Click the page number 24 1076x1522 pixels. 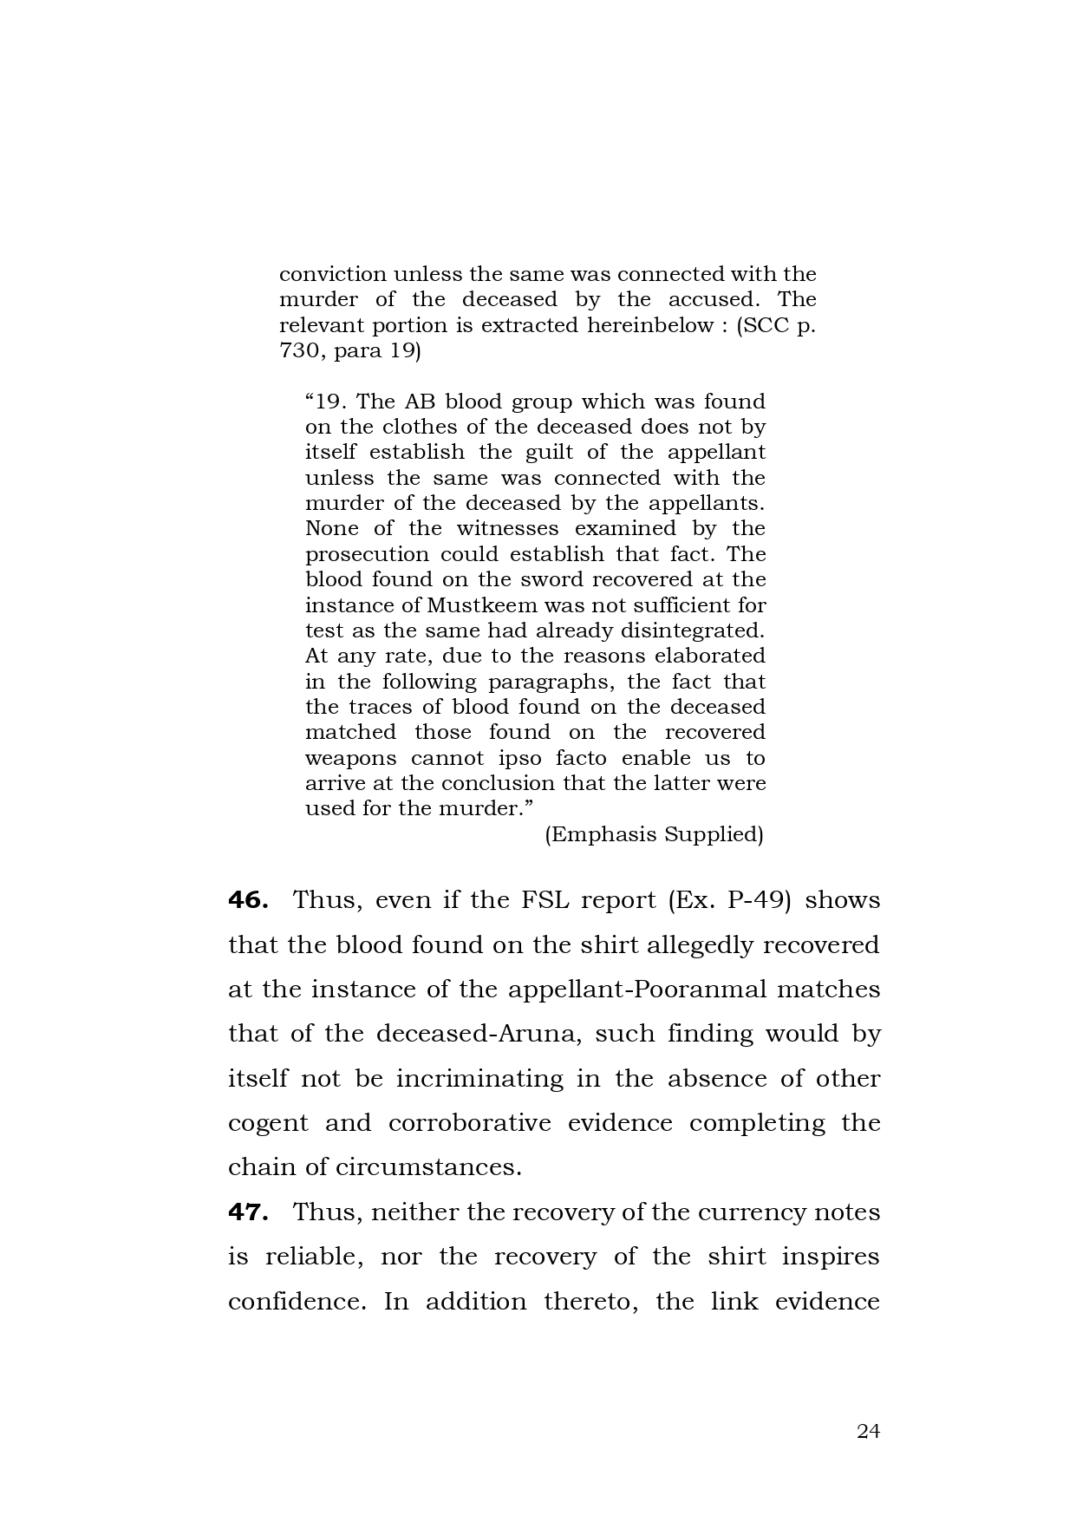click(868, 1431)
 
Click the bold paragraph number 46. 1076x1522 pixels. click(247, 900)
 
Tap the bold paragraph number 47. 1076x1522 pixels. click(247, 1212)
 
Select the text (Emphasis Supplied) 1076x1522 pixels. click(654, 834)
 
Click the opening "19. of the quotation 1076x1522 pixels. click(327, 402)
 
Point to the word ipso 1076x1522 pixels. click(520, 758)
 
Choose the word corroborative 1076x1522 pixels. click(469, 1123)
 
